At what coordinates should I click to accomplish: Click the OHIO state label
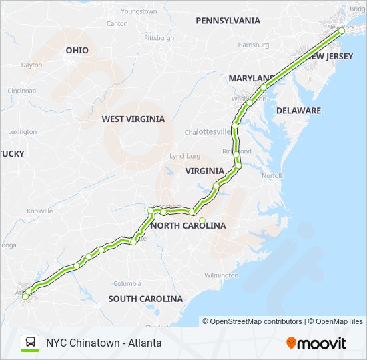tap(77, 51)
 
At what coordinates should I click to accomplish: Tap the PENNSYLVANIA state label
tap(228, 21)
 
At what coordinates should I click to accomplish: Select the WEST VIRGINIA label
tap(133, 119)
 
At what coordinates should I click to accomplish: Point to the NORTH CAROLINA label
tap(188, 226)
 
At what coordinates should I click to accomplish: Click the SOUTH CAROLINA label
tap(145, 299)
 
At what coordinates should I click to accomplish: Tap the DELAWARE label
tap(298, 111)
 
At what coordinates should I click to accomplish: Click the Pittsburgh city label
tap(159, 38)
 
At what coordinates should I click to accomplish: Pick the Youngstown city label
tap(139, 12)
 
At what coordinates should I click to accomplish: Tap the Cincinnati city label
tap(22, 91)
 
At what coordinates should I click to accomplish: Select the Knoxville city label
tap(39, 211)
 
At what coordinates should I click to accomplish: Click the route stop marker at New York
tap(342, 31)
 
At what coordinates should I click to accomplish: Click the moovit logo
tap(316, 343)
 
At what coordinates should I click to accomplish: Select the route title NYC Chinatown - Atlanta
tap(103, 343)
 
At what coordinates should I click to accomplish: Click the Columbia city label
tap(127, 283)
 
